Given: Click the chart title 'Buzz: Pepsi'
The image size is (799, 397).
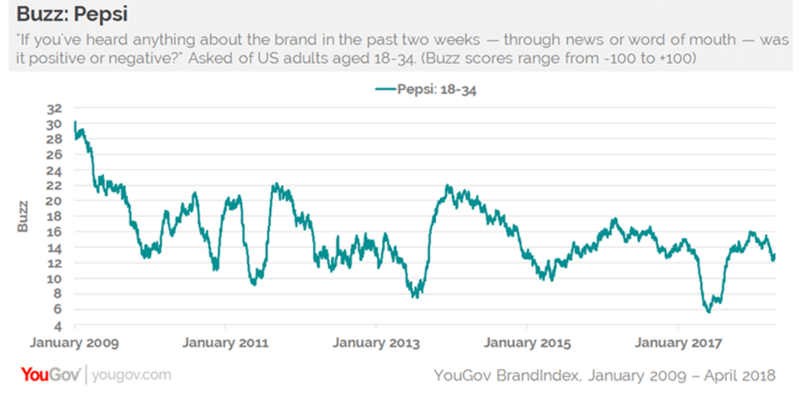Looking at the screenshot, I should (x=71, y=14).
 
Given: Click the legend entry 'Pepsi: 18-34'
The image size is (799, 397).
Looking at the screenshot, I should (x=426, y=90).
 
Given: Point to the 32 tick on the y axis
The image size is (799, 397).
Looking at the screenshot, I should (x=54, y=109).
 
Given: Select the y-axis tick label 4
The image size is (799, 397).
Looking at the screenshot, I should (x=57, y=325).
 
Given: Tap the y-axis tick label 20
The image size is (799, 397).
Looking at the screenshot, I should (x=54, y=202).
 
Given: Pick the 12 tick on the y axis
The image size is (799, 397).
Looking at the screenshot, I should (x=54, y=263).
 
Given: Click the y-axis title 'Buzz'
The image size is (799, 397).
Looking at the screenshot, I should (x=24, y=215).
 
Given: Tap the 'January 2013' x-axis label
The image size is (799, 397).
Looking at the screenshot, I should (x=375, y=341).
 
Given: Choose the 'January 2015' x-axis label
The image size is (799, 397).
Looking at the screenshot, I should (x=526, y=341).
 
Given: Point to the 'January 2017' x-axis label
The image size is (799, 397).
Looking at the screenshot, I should (x=679, y=341).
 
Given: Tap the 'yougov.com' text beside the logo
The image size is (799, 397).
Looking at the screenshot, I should (x=132, y=376).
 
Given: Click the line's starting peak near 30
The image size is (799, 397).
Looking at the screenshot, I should (x=75, y=122).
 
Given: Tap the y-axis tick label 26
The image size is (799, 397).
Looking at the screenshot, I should (x=54, y=156).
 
